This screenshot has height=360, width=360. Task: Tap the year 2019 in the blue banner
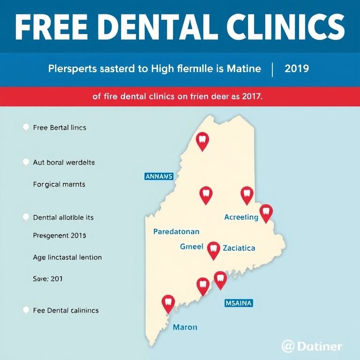[297, 69]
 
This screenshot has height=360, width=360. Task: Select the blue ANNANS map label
[159, 177]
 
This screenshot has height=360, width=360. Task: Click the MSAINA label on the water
[239, 303]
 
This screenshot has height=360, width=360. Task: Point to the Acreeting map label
[241, 217]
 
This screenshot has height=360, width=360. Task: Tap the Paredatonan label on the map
[176, 232]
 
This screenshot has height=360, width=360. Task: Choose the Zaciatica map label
[239, 247]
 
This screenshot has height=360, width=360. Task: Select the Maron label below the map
[185, 327]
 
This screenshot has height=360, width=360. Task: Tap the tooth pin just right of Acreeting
[266, 212]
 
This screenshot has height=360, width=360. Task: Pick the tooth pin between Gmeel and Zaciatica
[213, 249]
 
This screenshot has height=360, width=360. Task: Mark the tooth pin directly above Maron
[168, 303]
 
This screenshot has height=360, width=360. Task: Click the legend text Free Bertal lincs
[60, 127]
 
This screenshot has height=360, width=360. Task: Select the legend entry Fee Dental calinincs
[66, 310]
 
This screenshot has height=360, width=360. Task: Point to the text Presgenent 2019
[60, 235]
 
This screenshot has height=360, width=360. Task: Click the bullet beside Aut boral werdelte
[26, 162]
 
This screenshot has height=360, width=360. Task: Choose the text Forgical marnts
[59, 185]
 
